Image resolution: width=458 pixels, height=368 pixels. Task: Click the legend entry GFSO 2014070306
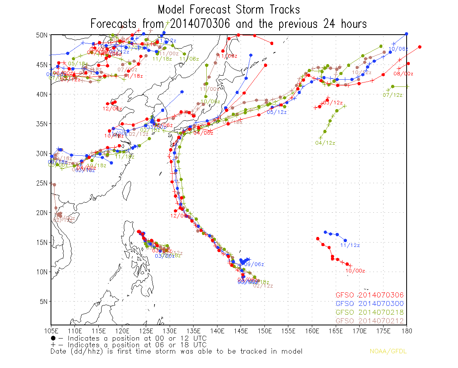pos(370,295)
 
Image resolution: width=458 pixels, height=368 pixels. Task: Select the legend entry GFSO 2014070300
pos(370,303)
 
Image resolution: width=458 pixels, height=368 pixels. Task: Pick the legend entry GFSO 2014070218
pos(370,312)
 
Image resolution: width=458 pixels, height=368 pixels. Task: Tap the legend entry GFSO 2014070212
pos(370,321)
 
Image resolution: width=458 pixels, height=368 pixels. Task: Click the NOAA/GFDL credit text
pos(388,351)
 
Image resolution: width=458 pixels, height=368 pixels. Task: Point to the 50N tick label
pos(42,35)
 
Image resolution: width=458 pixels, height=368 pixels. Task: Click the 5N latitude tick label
pos(43,301)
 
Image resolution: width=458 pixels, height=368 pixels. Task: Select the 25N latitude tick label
pos(42,183)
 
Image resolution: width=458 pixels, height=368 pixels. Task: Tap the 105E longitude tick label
pos(51,331)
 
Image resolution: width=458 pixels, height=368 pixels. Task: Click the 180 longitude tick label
pos(406,331)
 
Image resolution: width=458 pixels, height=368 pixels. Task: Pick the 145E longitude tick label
pos(241,331)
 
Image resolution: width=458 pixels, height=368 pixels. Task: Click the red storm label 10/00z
pos(355,271)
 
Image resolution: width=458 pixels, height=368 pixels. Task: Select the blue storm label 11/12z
pos(350,245)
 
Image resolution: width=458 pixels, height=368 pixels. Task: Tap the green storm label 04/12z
pos(325,143)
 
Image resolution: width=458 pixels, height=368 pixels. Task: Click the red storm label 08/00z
pos(403,74)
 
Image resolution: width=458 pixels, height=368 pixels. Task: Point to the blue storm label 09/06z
pos(254,264)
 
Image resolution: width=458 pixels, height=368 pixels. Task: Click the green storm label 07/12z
pos(392,95)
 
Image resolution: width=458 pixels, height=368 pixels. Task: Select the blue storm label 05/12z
pos(277,112)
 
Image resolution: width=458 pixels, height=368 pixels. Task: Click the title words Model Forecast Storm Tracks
pos(229,10)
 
